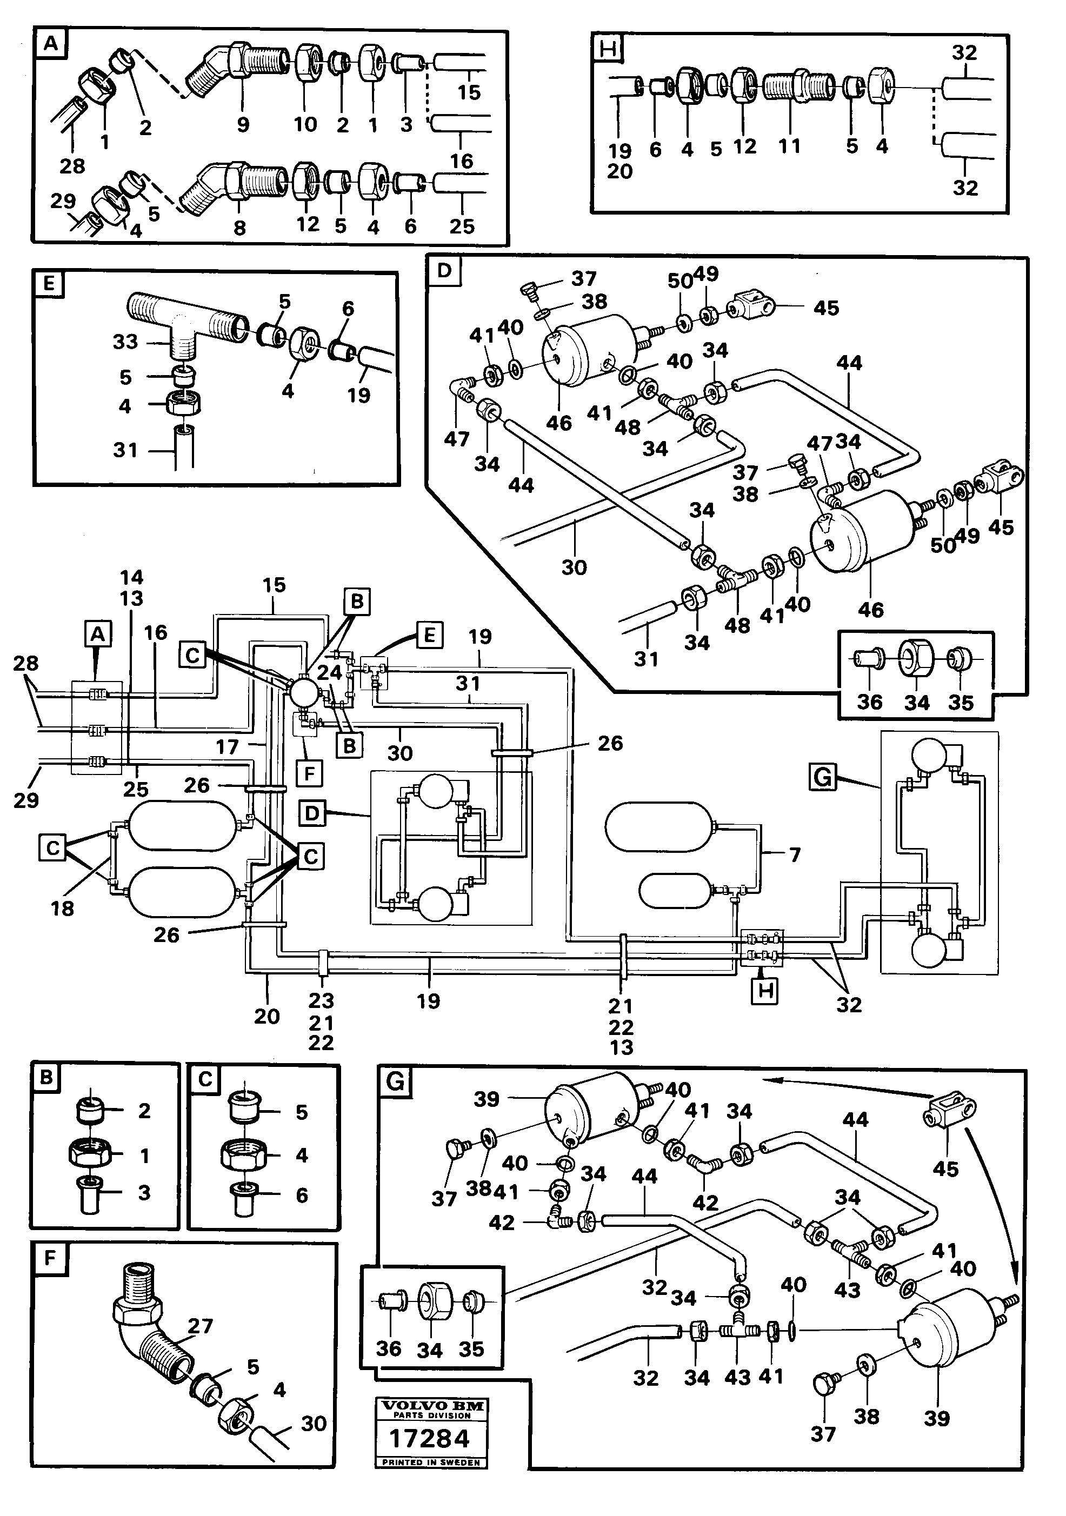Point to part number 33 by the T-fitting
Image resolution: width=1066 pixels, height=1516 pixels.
coord(125,342)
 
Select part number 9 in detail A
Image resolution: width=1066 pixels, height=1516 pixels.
coord(242,125)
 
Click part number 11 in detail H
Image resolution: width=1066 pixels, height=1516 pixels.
coord(789,146)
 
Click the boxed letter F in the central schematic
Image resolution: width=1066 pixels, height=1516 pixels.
coord(309,771)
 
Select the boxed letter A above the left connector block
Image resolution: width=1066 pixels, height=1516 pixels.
coord(97,635)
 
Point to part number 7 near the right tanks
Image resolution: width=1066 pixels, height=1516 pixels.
coord(795,854)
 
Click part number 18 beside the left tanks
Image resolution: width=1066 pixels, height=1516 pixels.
coord(62,908)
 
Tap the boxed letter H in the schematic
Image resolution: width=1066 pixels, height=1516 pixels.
coord(765,991)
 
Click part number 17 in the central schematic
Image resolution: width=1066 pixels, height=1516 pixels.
coord(226,747)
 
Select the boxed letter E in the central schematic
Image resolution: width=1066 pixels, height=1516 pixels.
coord(429,635)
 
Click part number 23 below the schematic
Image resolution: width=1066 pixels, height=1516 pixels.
coord(321,1001)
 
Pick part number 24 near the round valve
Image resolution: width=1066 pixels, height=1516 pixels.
coord(330,672)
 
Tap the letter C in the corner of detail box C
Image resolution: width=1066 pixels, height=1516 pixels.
coord(205,1079)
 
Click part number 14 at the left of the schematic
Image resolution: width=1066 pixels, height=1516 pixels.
coord(131,577)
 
